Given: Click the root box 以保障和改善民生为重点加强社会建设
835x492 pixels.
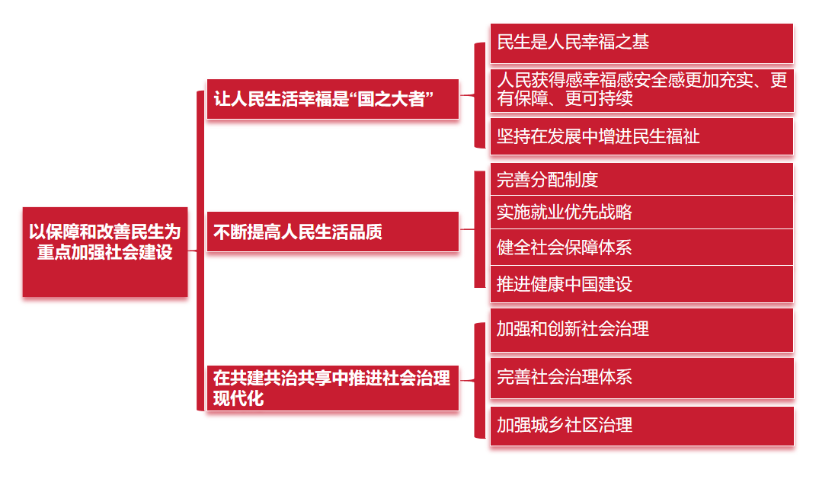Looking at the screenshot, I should tap(105, 251).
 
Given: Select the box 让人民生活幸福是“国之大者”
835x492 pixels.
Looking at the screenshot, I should tap(333, 99).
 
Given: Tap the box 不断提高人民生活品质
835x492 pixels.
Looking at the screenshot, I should tap(333, 232).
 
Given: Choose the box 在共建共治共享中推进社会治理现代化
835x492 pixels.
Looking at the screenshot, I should tap(333, 388).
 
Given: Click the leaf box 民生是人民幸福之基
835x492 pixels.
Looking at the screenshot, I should tap(641, 43).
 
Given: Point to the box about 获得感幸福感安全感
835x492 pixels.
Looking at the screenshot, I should tap(641, 90).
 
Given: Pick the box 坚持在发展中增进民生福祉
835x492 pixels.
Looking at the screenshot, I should tap(641, 136).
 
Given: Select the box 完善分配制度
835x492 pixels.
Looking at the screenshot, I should tap(641, 180).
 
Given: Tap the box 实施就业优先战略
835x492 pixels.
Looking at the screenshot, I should tap(641, 212).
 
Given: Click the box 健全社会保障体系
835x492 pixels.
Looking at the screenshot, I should tap(641, 248).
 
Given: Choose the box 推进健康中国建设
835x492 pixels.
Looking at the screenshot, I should tap(641, 284).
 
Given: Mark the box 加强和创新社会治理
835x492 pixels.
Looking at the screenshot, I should tap(641, 330).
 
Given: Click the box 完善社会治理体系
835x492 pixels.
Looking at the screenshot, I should tap(641, 377).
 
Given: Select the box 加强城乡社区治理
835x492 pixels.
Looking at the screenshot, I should tap(641, 425).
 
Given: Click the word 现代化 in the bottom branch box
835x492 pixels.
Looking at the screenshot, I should tap(238, 398).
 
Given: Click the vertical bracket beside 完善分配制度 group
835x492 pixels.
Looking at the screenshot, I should tap(479, 229).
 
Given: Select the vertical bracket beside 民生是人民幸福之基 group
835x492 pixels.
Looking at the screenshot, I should tap(479, 95).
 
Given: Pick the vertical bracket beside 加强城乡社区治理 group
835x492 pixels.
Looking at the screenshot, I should tap(479, 380).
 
